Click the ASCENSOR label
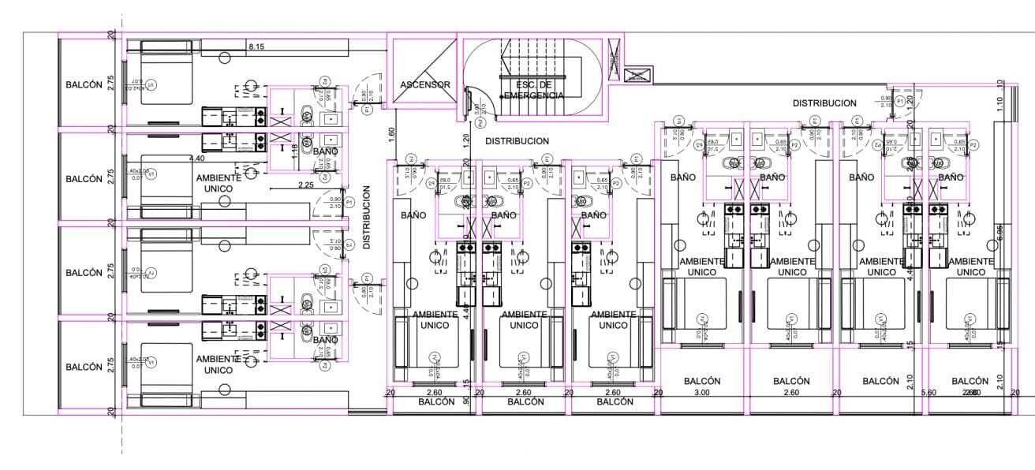(x=424, y=84)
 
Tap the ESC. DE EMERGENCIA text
(x=536, y=90)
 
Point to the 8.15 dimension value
(x=256, y=47)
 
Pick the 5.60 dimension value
(x=928, y=393)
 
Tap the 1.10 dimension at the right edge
(x=1000, y=103)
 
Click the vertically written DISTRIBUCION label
(x=367, y=218)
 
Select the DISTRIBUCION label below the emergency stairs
(x=517, y=141)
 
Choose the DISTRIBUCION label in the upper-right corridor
(x=824, y=103)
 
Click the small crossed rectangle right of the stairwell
(x=635, y=76)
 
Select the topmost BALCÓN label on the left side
(x=84, y=85)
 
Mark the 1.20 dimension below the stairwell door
(x=466, y=140)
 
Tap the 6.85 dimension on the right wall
(x=1000, y=233)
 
